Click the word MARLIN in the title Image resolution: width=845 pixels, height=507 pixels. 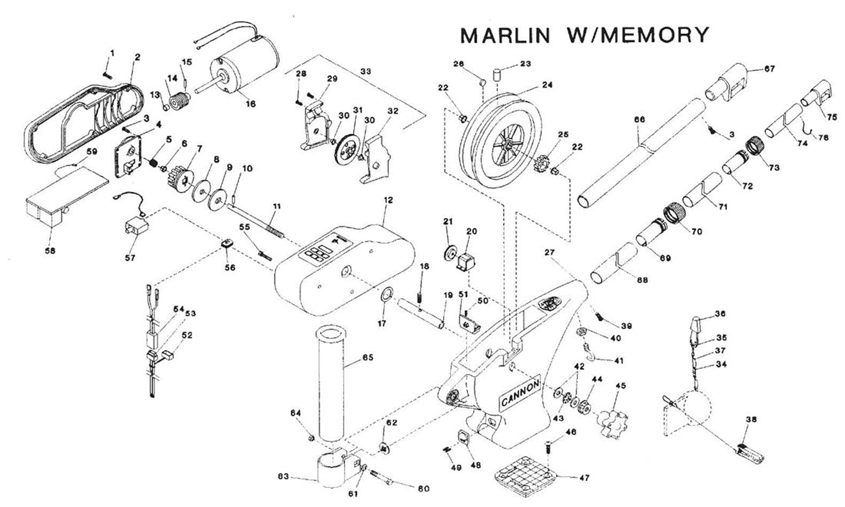pos(505,35)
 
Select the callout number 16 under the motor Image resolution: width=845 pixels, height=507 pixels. pos(251,104)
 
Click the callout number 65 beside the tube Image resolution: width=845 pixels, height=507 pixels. pos(367,358)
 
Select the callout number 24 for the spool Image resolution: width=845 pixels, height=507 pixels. pos(547,85)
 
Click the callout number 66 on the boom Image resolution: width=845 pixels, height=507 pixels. pos(639,120)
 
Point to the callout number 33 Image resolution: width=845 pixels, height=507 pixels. pos(366,72)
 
